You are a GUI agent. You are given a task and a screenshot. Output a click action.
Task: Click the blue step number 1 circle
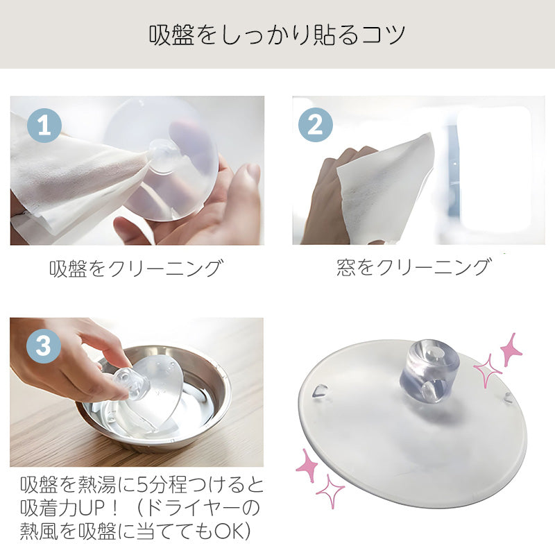click(44, 126)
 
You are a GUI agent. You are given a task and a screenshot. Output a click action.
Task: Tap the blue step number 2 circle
click(316, 125)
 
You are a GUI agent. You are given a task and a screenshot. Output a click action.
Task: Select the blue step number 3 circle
click(43, 345)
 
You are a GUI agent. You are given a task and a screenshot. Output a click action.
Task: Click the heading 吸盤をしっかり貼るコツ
click(277, 35)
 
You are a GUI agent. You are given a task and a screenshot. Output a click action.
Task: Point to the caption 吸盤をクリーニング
click(136, 268)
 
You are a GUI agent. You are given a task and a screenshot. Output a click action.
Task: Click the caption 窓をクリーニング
click(414, 267)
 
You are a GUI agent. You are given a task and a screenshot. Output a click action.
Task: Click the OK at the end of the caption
click(230, 531)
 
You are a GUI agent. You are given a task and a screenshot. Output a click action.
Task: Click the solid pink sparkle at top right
click(511, 350)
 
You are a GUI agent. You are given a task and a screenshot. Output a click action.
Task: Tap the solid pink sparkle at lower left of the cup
click(307, 466)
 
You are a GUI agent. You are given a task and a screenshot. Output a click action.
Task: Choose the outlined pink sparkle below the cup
click(330, 492)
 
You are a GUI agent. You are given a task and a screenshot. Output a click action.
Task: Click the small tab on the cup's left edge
click(321, 391)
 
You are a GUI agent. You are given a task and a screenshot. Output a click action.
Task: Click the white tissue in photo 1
click(74, 177)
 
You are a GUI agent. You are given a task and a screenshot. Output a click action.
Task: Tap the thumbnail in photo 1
click(252, 173)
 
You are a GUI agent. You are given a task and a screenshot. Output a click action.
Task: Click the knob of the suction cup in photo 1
click(164, 155)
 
